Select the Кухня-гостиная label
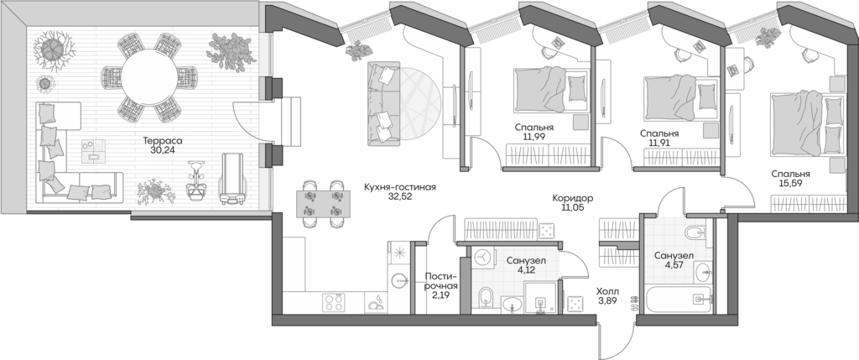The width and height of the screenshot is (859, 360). (399, 187)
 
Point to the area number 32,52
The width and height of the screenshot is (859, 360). (399, 199)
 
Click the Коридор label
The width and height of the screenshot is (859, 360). (573, 198)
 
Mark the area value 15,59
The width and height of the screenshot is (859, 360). (792, 186)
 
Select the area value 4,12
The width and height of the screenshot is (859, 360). (527, 272)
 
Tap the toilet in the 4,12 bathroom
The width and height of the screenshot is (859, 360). (486, 296)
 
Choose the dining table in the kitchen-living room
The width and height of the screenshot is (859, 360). (322, 201)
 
